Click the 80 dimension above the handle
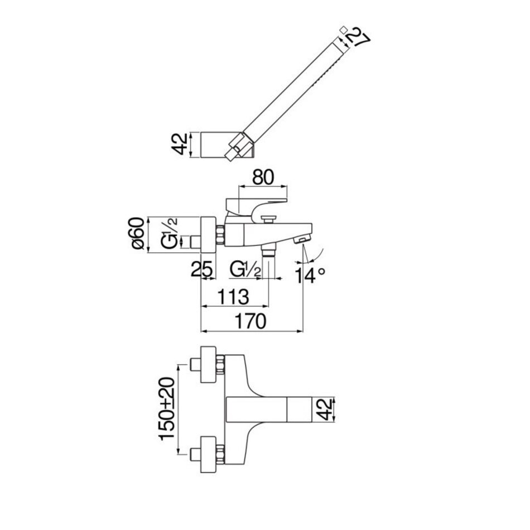tap(263, 177)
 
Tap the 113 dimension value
tap(233, 297)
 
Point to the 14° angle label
tap(310, 275)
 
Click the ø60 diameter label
tap(138, 234)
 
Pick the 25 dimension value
tap(202, 269)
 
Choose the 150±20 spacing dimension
tap(167, 408)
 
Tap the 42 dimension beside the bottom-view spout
tap(325, 409)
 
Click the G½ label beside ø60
tap(169, 234)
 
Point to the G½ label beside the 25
tap(245, 269)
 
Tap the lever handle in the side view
tap(256, 207)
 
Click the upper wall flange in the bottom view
tap(208, 364)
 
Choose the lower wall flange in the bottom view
tap(208, 454)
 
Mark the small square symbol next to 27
tap(343, 29)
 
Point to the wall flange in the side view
tap(208, 234)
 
